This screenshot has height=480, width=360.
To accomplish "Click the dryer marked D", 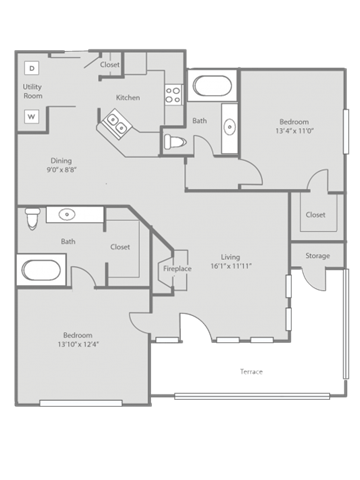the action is click(32, 68).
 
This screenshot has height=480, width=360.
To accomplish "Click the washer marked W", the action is click(32, 117).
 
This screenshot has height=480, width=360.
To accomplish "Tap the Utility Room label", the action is click(33, 91).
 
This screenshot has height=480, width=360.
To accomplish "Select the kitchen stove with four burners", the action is click(174, 94).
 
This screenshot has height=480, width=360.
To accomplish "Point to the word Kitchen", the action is click(128, 98).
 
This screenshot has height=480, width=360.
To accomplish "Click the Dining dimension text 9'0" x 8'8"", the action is click(62, 170).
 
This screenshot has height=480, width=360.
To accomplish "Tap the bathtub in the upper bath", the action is click(213, 86).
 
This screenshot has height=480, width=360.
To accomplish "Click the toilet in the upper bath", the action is click(175, 142).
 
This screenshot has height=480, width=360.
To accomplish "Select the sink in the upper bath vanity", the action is click(230, 127).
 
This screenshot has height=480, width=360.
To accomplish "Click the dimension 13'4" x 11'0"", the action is click(295, 131).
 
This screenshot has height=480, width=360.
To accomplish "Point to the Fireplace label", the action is click(177, 269).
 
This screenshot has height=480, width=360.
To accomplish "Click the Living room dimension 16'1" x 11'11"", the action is click(231, 266).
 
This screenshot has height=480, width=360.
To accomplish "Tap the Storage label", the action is click(318, 256).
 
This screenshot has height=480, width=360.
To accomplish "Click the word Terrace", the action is click(251, 371).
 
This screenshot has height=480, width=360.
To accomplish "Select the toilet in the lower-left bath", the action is click(32, 219).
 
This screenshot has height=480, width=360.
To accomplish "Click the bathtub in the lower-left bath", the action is click(41, 270).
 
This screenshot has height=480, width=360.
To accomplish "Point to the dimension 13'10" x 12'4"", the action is click(78, 344).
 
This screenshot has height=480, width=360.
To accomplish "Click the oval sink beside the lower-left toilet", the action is click(67, 214).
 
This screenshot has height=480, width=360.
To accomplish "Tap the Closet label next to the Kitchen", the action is click(110, 64).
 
